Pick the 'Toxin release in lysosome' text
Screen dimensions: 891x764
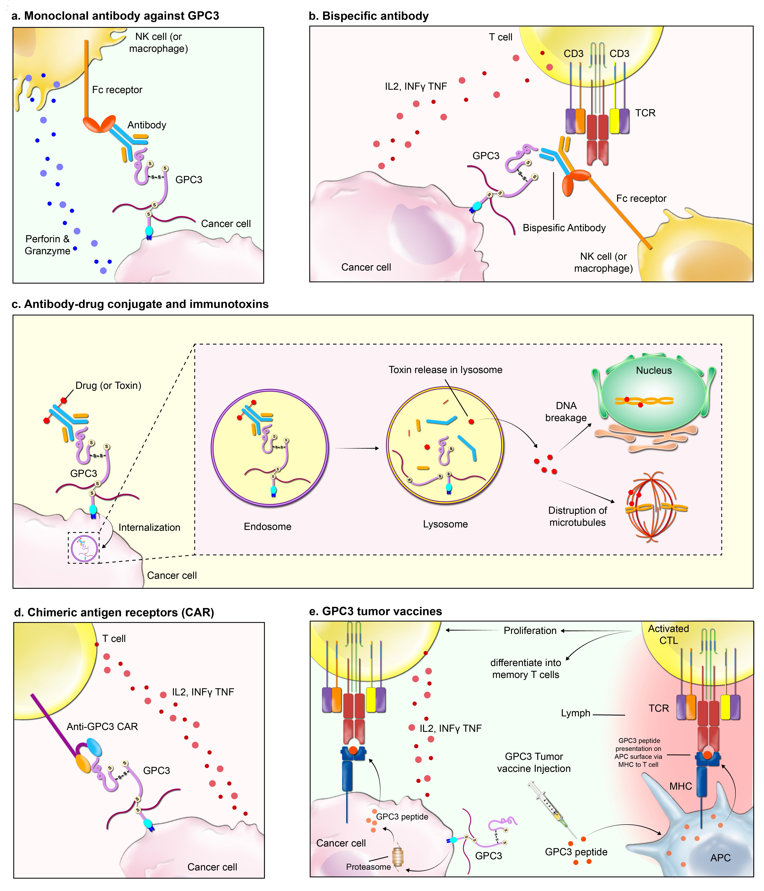point(445,370)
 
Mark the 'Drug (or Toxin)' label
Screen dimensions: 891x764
point(108,385)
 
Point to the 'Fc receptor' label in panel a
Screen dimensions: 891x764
point(117,90)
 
